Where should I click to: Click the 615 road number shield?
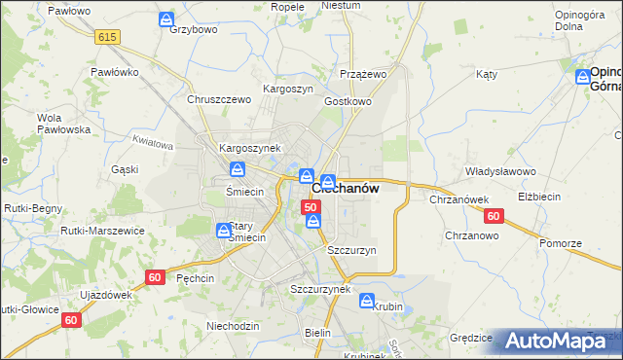(x=107, y=36)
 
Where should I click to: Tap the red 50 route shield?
(x=311, y=207)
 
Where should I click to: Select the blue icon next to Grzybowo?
(x=167, y=18)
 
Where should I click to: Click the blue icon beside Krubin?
(x=367, y=301)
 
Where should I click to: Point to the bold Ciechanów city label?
(x=346, y=189)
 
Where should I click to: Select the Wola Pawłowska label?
(x=57, y=124)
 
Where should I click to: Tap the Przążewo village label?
(x=364, y=73)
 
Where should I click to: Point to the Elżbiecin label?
(x=566, y=196)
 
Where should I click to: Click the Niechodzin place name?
(x=233, y=326)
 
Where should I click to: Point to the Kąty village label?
(x=487, y=74)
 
